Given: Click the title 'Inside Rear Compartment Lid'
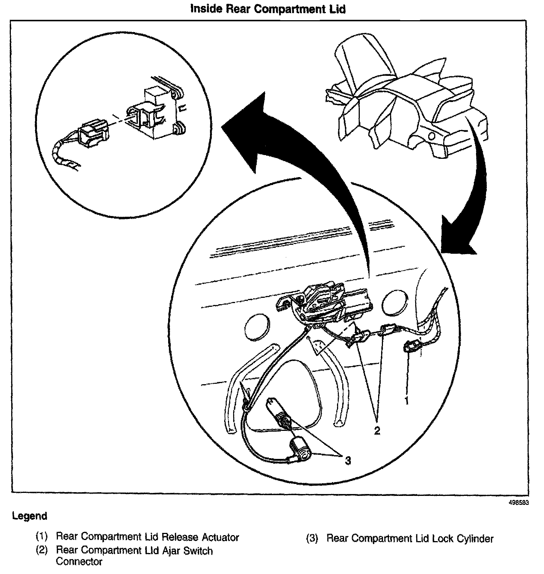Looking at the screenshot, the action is pyautogui.click(x=268, y=9).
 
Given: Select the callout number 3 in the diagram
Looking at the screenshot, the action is pyautogui.click(x=348, y=461).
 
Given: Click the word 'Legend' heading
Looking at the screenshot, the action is pyautogui.click(x=30, y=516).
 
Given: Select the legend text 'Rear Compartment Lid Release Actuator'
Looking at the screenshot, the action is pyautogui.click(x=147, y=537).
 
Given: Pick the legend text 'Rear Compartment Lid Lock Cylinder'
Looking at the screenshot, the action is pyautogui.click(x=410, y=538).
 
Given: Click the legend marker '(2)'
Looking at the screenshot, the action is pyautogui.click(x=42, y=551).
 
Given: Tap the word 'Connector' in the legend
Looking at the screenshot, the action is pyautogui.click(x=79, y=562).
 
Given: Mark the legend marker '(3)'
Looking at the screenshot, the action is pyautogui.click(x=312, y=538).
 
